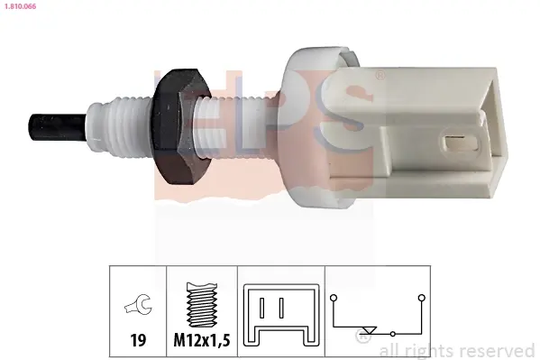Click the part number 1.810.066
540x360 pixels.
[20, 6]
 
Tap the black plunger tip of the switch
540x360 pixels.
[57, 127]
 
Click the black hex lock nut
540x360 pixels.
[181, 127]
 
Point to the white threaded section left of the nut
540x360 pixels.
[121, 128]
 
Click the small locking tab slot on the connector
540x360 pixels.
[458, 143]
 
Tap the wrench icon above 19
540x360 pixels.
[138, 304]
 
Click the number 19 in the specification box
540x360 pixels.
[138, 340]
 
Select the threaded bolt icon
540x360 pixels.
[202, 304]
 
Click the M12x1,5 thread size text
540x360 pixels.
[202, 340]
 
